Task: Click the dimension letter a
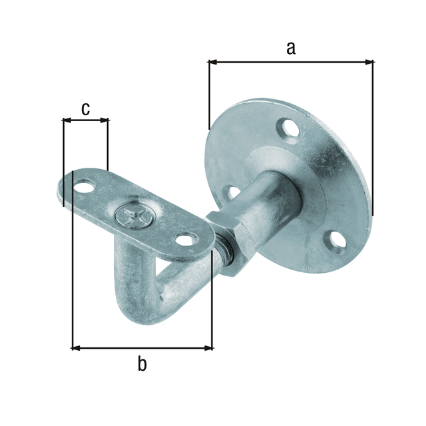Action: click(290, 47)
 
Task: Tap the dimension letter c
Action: click(85, 108)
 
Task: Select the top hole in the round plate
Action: click(288, 127)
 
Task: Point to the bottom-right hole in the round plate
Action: click(337, 242)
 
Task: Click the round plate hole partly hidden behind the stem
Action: click(232, 193)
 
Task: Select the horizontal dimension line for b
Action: click(142, 347)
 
